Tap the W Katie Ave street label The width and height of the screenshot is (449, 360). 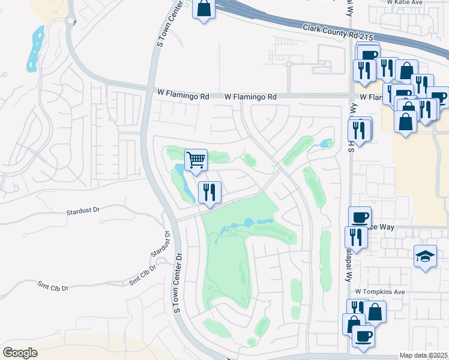(x=406, y=3)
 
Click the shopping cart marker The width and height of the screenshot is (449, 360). (x=196, y=160)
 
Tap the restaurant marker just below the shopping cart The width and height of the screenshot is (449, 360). (x=209, y=192)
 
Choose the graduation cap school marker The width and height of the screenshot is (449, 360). (x=426, y=257)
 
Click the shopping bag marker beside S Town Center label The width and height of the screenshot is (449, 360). (x=203, y=8)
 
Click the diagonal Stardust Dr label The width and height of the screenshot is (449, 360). (x=161, y=250)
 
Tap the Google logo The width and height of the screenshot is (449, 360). (x=20, y=353)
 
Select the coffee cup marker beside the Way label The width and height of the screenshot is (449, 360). (x=360, y=217)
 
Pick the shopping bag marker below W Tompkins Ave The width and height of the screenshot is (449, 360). (x=375, y=311)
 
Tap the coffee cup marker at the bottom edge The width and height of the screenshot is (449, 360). (x=363, y=335)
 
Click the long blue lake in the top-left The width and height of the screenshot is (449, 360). (x=35, y=48)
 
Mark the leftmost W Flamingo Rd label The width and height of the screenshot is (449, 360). (x=183, y=95)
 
